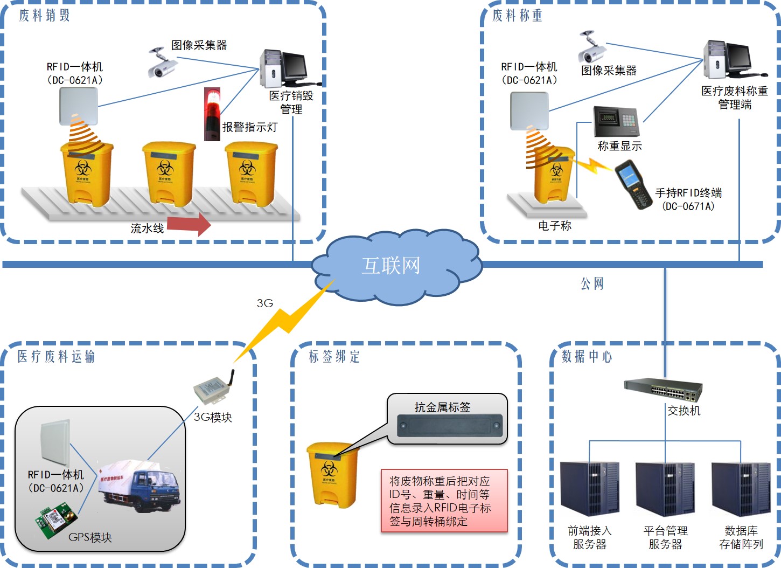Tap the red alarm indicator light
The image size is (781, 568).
(212, 114)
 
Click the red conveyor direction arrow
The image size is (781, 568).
(189, 224)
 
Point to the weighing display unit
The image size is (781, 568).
(616, 122)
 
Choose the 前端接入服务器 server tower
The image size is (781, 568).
(589, 489)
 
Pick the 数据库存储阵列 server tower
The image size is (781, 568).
(741, 489)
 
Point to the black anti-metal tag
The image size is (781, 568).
(449, 425)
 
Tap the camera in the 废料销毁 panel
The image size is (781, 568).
(162, 63)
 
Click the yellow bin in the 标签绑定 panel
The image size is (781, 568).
(332, 474)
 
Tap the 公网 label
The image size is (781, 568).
(592, 284)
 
